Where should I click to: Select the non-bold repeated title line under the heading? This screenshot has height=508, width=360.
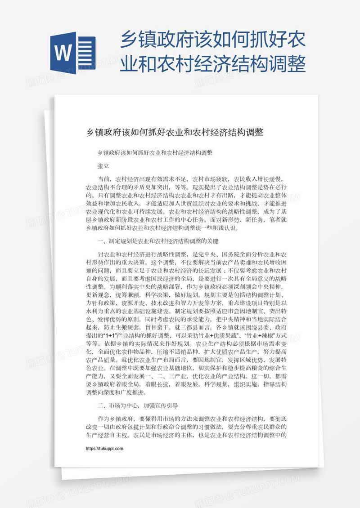(155, 153)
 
